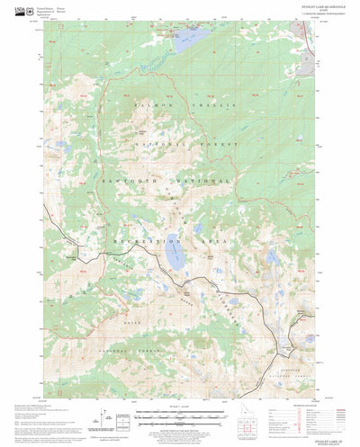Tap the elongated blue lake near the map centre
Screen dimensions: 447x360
pyautogui.click(x=175, y=258)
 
